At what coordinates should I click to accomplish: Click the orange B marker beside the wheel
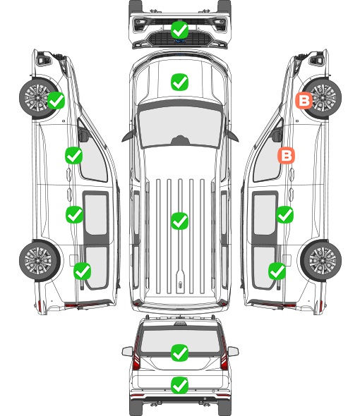click(x=304, y=101)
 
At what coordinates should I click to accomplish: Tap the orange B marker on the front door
click(x=286, y=155)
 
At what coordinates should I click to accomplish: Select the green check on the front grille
click(x=179, y=30)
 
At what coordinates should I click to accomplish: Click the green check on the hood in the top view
click(x=179, y=82)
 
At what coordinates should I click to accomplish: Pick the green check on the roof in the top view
click(x=179, y=221)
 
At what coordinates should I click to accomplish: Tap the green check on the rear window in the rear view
click(x=179, y=353)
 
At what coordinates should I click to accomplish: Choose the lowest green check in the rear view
click(x=179, y=385)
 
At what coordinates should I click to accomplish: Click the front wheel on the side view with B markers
click(x=322, y=98)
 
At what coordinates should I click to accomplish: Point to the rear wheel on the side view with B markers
click(x=321, y=261)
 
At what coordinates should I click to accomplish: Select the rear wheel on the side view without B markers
click(x=40, y=261)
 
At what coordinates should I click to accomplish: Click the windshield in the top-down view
click(x=180, y=126)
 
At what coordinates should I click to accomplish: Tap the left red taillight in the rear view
click(x=136, y=354)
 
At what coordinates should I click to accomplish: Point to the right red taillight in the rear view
click(x=224, y=354)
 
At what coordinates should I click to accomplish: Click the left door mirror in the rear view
click(x=127, y=351)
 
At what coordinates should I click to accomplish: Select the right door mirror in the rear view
click(x=233, y=351)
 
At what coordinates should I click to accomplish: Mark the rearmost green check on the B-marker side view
click(x=277, y=271)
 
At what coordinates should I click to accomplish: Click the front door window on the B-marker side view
click(x=267, y=157)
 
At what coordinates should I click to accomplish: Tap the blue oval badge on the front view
click(x=180, y=41)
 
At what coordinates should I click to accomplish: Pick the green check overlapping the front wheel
click(x=56, y=101)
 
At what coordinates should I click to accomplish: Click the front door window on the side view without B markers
click(x=93, y=157)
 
